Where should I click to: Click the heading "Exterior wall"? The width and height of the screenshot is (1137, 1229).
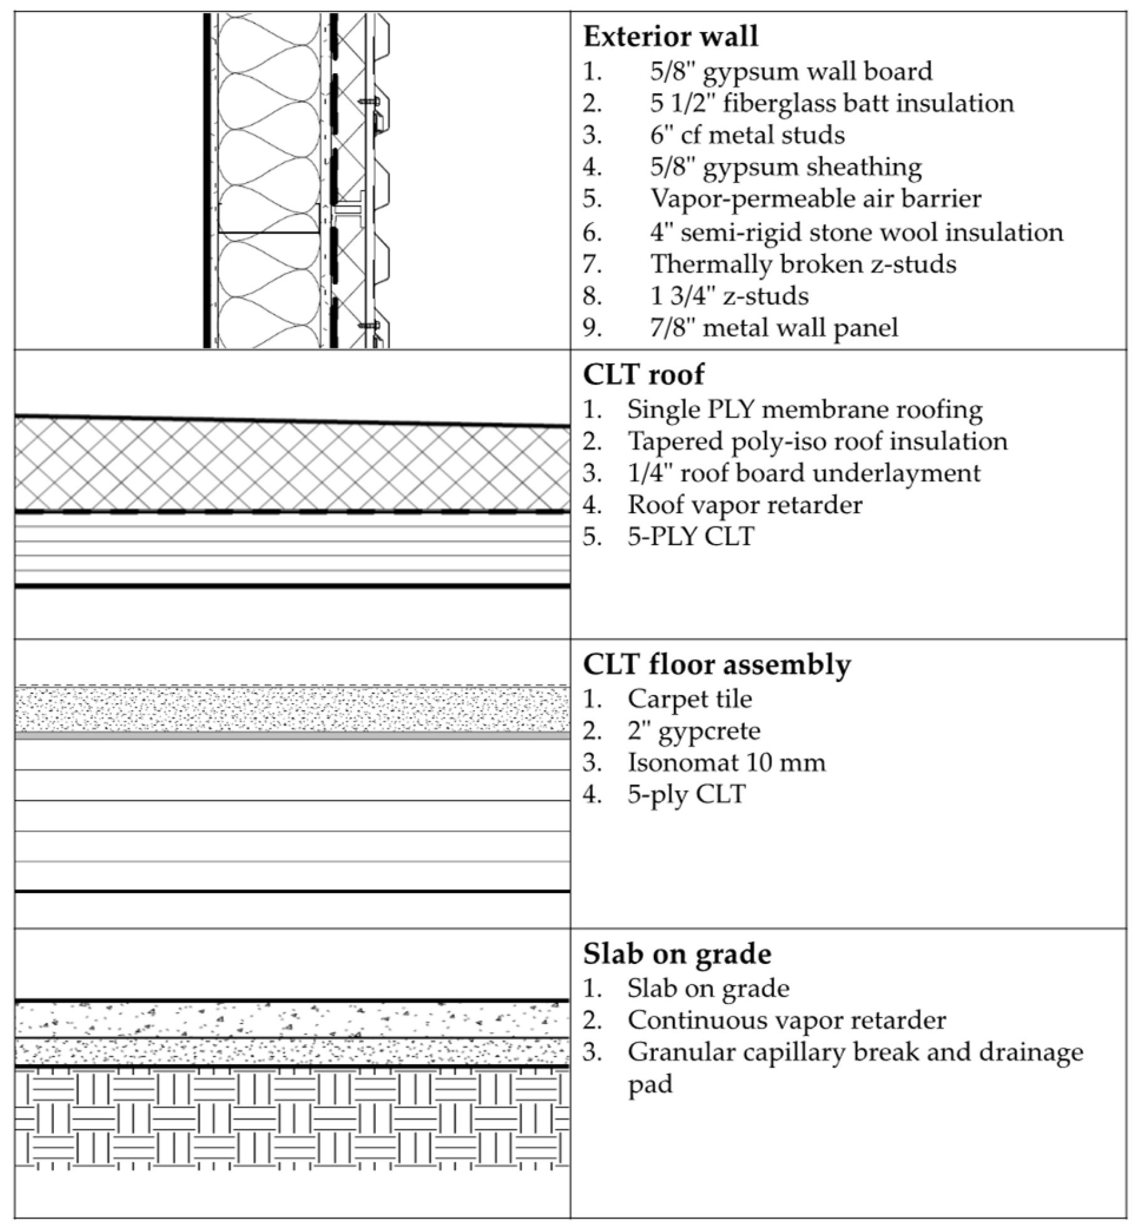(x=670, y=36)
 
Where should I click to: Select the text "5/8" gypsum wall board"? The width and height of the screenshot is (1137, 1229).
(x=791, y=71)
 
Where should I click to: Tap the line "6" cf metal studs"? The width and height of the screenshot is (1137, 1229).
(x=747, y=135)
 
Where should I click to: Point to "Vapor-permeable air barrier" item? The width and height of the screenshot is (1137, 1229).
(x=816, y=199)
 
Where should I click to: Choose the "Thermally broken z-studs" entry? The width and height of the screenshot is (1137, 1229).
(x=803, y=264)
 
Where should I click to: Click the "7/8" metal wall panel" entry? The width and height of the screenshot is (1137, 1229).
(x=774, y=328)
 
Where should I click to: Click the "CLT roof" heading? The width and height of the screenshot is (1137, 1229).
(x=643, y=375)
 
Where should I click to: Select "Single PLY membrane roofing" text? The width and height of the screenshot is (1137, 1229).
(x=804, y=410)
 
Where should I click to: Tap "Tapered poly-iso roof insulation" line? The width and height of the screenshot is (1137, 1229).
(x=817, y=442)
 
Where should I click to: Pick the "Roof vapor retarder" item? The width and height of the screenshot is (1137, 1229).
(x=744, y=505)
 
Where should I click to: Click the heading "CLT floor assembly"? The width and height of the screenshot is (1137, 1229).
(x=717, y=664)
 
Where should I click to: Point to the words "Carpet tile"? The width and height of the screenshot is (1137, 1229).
(x=689, y=699)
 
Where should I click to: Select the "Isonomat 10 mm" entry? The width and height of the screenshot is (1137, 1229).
(x=726, y=763)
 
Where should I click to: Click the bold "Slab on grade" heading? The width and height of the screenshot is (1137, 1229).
(x=677, y=954)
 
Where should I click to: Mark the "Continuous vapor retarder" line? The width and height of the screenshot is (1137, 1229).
(x=786, y=1020)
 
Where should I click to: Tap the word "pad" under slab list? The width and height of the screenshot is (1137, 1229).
(x=650, y=1084)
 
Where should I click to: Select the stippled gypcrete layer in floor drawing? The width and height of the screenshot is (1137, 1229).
(x=292, y=710)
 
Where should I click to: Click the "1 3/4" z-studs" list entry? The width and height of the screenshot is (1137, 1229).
(x=729, y=296)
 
